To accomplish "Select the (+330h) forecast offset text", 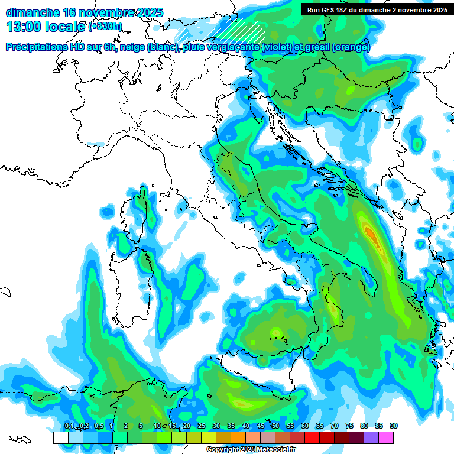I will (x=105, y=27).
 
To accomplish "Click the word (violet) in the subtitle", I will (x=278, y=48).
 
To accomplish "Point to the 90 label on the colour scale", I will (x=393, y=426).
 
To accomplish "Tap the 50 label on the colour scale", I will (x=275, y=426).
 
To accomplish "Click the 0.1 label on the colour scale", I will (x=69, y=426).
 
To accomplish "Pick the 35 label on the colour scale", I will (x=231, y=426).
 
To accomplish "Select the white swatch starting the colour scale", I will (x=60, y=437).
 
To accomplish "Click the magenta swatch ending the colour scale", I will (x=386, y=437).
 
